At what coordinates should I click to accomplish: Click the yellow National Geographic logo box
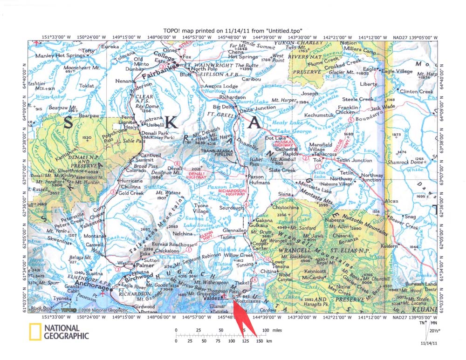pyautogui.click(x=34, y=332)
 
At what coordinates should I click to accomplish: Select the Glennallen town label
pyautogui.click(x=234, y=231)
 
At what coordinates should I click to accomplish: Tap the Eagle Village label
pyautogui.click(x=397, y=71)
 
